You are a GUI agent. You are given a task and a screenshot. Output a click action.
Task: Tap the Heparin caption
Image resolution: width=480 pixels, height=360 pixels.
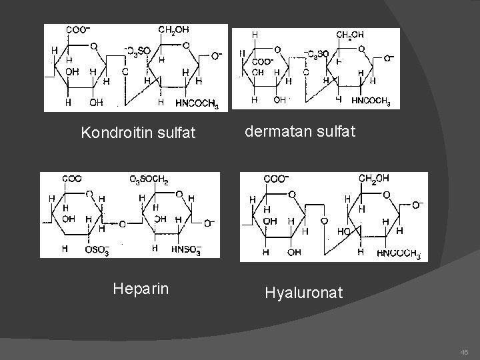141,289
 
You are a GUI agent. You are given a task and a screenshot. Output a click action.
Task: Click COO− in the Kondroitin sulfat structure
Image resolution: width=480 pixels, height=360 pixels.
78,30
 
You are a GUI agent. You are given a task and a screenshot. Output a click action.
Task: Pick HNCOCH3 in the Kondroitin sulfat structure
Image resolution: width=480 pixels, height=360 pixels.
196,103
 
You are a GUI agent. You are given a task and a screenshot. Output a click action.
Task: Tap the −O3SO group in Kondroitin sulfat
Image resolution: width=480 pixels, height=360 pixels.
138,51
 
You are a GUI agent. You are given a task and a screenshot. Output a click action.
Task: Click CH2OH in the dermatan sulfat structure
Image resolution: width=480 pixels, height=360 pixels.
350,35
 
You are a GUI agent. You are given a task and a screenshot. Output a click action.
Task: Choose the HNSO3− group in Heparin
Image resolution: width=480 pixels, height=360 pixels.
186,250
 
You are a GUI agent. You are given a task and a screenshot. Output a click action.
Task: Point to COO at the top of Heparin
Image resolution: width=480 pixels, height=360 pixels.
72,179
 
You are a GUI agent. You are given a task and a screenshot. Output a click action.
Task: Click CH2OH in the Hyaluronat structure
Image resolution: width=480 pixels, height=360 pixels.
374,178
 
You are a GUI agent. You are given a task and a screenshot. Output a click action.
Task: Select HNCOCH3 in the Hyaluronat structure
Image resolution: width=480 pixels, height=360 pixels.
398,253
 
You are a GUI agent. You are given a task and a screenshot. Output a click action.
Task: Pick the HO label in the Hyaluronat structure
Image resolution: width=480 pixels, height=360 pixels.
345,231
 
